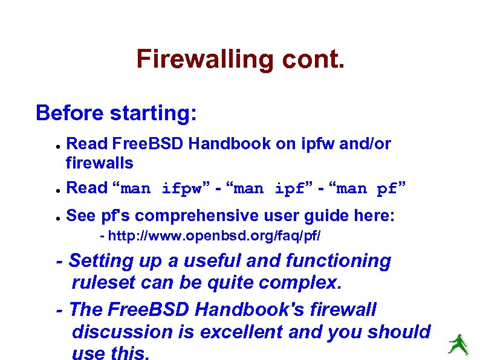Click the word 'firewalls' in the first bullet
click(99, 162)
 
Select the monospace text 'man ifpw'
click(163, 189)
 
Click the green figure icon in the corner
click(458, 344)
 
